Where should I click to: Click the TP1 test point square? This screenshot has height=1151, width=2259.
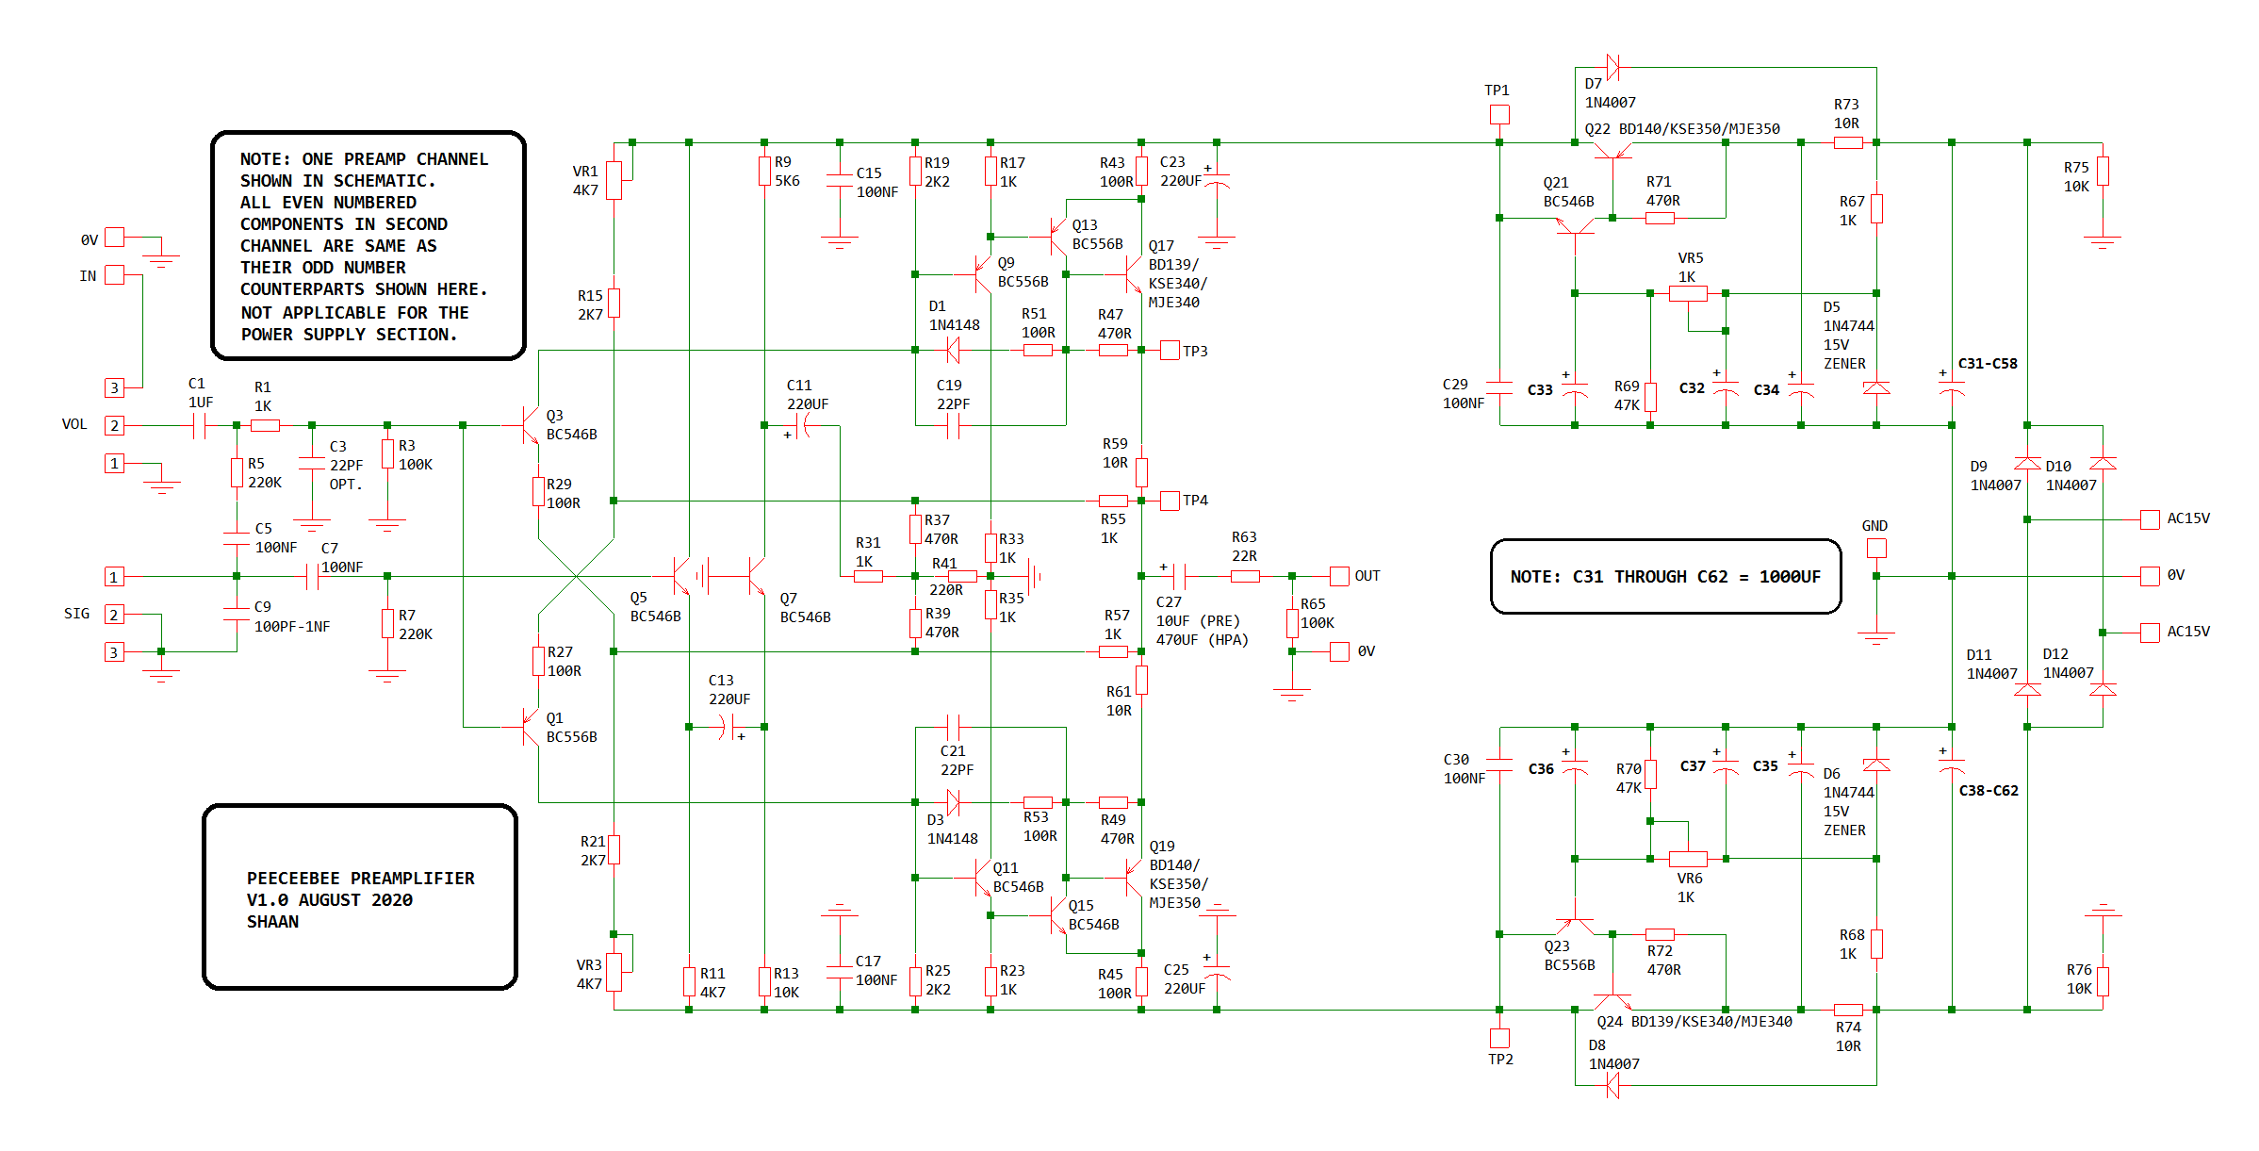[1498, 114]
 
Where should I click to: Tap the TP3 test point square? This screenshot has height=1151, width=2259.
[1170, 351]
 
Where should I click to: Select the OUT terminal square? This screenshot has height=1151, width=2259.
[1339, 576]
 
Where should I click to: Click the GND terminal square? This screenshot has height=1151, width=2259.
[1875, 548]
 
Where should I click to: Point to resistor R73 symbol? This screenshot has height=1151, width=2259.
[1848, 143]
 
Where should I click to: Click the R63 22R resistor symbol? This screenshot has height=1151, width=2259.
[1245, 576]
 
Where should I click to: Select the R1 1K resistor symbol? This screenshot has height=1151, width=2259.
[265, 426]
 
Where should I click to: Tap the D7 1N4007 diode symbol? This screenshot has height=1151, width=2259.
[1612, 67]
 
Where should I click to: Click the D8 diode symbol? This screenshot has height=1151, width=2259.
[1612, 1086]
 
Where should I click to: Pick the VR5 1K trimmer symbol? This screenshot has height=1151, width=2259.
[1688, 293]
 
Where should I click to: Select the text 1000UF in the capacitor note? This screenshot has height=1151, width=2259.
[1790, 577]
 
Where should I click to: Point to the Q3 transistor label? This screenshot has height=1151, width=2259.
[554, 416]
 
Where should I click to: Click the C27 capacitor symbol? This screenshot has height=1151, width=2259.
[1179, 576]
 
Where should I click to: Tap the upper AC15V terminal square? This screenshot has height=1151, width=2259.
[2150, 519]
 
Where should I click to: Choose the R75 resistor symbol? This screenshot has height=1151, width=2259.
[2103, 172]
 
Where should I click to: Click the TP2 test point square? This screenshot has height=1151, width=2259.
[1498, 1038]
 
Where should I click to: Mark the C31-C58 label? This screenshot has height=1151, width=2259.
[1988, 364]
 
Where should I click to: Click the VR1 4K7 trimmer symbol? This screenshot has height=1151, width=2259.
[614, 180]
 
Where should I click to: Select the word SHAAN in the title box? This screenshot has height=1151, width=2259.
[272, 922]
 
